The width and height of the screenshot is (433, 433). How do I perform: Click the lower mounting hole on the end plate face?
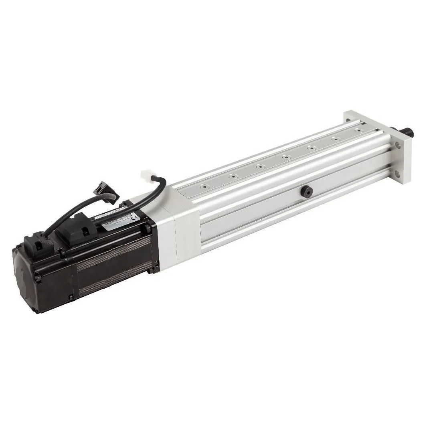click(397, 174)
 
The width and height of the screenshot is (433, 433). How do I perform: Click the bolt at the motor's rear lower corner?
click(71, 297)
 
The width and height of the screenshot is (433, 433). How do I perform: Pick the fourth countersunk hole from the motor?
click(285, 156)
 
